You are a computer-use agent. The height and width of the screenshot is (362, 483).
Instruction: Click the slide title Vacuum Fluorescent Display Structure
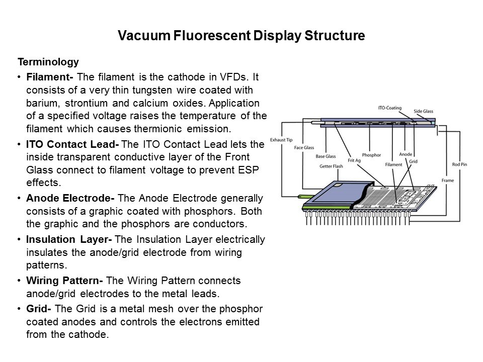coord(241,36)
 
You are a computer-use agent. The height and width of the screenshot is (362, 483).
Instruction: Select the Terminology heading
coord(48,62)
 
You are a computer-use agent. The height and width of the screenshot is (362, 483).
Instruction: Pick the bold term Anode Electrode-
coord(63,198)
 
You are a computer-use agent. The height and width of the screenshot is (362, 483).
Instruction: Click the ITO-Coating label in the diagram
coord(389,108)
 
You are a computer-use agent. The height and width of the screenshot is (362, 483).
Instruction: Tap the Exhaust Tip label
coord(281,139)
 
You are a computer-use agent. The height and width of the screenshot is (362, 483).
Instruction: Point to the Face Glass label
coord(304,148)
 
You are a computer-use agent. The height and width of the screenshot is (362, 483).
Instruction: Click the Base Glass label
coord(326,156)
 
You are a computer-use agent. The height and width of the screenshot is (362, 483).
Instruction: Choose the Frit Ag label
coord(354,160)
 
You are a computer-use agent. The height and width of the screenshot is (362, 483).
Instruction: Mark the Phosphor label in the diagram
coord(371,154)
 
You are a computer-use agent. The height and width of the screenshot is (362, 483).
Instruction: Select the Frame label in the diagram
coord(448,179)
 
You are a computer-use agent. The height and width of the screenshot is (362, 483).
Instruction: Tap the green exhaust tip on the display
coord(304,197)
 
